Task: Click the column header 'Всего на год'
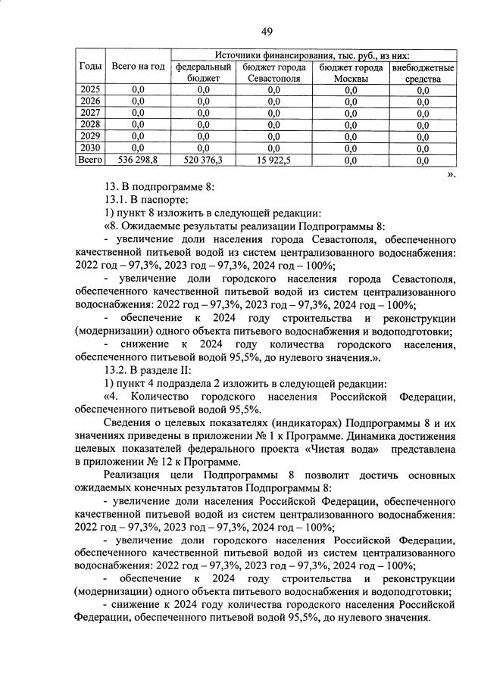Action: pyautogui.click(x=138, y=67)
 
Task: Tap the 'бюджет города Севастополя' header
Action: pyautogui.click(x=273, y=73)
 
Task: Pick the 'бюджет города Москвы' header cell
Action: pyautogui.click(x=350, y=73)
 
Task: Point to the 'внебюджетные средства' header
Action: pyautogui.click(x=423, y=73)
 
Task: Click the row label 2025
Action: pyautogui.click(x=89, y=90)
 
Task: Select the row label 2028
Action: pyautogui.click(x=89, y=124)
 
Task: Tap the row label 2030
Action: pyautogui.click(x=89, y=148)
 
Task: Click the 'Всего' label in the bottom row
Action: pyautogui.click(x=89, y=160)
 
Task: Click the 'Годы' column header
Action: pyautogui.click(x=89, y=67)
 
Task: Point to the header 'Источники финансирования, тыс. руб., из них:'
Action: pyautogui.click(x=313, y=55)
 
